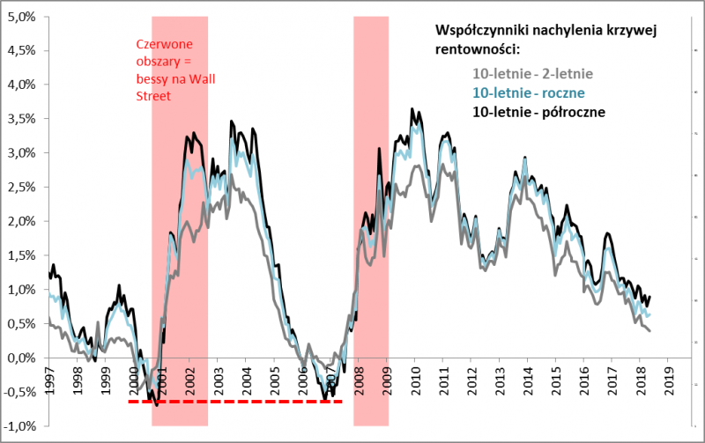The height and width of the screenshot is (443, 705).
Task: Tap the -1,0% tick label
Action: pos(19,426)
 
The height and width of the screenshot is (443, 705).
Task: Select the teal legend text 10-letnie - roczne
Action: pos(530,92)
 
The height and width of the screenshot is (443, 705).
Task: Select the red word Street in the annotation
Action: pos(152,99)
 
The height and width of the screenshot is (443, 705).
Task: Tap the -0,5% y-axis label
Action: pos(19,392)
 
